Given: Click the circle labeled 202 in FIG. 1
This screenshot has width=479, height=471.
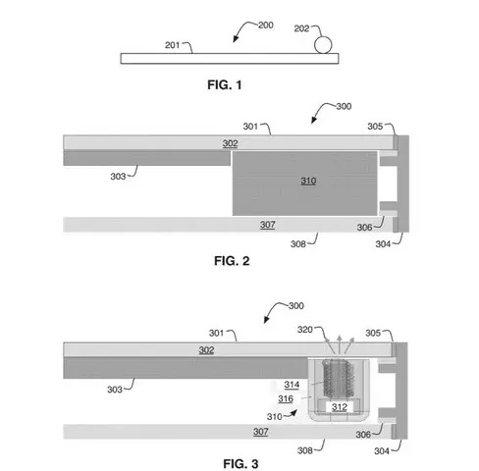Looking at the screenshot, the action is [x=323, y=45].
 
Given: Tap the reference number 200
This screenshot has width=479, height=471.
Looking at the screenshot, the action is [x=266, y=26].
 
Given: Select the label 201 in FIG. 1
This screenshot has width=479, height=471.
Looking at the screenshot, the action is [x=172, y=45].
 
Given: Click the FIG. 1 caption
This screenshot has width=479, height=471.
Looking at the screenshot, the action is [x=225, y=85].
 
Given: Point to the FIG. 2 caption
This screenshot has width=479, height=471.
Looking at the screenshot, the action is [x=232, y=261].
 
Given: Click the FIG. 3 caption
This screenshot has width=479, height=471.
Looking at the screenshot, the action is [x=240, y=464].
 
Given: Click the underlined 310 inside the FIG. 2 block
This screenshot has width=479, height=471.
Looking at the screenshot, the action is [x=308, y=181].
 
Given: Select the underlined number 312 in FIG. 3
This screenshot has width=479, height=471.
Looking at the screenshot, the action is [x=340, y=407].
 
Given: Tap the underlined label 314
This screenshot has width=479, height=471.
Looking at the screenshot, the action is [x=292, y=385].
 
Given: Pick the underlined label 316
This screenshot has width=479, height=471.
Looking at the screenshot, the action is [x=286, y=399].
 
